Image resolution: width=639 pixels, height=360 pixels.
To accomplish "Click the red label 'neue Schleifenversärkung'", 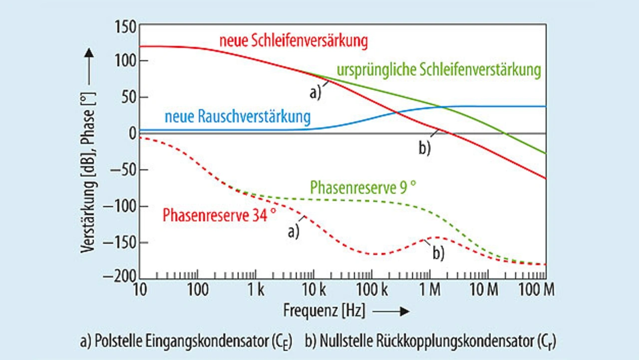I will pos(294,41).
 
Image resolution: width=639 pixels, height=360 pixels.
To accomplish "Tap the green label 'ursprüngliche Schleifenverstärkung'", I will pos(439,70).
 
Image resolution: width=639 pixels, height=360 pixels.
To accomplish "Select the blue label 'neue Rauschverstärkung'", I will pos(237,117).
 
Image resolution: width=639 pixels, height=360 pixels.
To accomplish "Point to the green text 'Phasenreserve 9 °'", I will pos(363,188).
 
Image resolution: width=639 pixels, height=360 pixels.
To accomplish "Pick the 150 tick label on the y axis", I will pos(125,26).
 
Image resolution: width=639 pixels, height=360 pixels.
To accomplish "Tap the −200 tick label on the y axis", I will pos(120,278).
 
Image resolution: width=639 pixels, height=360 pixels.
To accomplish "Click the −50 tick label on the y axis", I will pos(123,170).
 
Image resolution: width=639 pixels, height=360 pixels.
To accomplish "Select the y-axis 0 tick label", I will pos(132,134).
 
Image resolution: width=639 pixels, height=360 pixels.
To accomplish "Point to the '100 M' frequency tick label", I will pos(537,290).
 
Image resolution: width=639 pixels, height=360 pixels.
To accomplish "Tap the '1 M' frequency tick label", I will pos(429,290).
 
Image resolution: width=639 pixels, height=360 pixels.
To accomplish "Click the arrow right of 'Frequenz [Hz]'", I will pos(391,312).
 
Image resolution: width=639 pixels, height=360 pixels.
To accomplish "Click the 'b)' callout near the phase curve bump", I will pos(438,253).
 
